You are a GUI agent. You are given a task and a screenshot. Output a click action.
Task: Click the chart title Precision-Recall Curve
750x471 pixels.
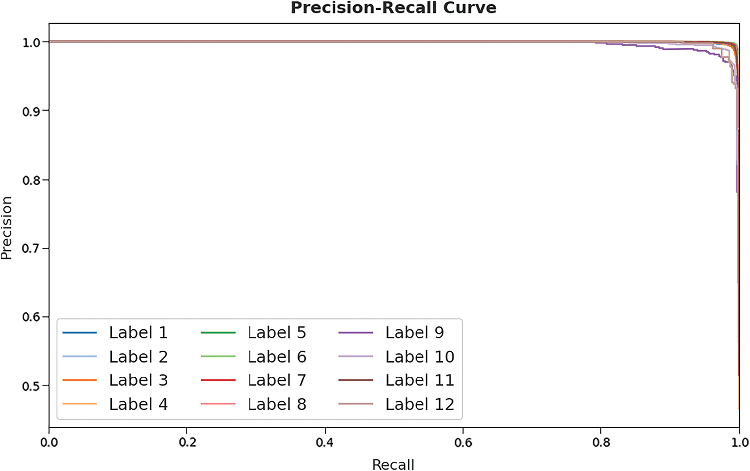[393, 8]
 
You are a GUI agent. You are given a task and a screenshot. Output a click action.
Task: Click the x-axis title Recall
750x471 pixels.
[393, 464]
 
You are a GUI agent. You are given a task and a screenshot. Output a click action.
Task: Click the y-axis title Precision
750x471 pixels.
[6, 228]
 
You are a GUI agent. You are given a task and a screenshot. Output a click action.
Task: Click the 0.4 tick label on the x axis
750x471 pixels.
[325, 442]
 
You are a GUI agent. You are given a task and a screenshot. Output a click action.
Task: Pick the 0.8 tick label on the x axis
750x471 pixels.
[601, 442]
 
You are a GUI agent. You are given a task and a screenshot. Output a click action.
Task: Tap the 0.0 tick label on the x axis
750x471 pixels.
[49, 442]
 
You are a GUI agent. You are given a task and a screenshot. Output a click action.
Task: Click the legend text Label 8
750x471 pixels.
[276, 404]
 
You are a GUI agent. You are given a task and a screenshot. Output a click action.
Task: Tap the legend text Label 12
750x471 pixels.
[419, 404]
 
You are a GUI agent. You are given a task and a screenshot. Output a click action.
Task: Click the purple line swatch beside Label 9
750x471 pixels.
[356, 333]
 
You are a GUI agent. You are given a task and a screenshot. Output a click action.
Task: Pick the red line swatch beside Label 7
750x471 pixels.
[218, 380]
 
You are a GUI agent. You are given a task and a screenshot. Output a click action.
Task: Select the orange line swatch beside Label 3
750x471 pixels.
[80, 380]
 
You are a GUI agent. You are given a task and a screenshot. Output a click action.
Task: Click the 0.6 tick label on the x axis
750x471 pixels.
[463, 442]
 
